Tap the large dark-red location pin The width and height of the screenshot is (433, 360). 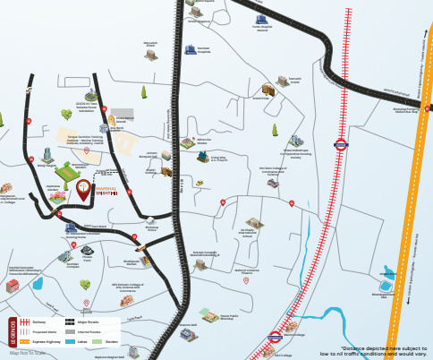[x=83, y=189]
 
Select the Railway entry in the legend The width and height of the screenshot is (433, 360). [x=38, y=321]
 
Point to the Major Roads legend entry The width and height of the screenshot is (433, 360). [x=85, y=321]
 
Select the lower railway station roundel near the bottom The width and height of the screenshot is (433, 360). [x=276, y=338]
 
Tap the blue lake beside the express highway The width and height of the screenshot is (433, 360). [x=387, y=272]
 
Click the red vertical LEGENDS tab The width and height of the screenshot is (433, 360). [x=12, y=331]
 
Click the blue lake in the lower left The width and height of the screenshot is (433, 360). [x=38, y=283]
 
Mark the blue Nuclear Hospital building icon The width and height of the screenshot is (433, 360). [x=191, y=48]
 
